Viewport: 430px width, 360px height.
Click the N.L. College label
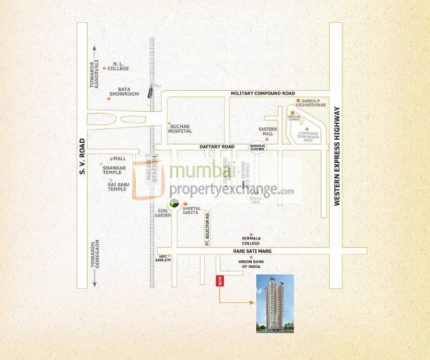[x=118, y=66]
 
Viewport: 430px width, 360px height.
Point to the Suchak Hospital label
[x=180, y=128]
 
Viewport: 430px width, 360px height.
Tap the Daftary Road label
[x=217, y=147]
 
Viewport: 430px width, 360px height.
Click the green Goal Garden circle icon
[x=174, y=204]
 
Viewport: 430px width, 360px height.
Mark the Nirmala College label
[x=251, y=241]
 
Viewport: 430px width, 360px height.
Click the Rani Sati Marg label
[x=253, y=251]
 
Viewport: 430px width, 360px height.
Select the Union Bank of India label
[x=250, y=264]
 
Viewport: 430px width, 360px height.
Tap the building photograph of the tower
[x=274, y=303]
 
